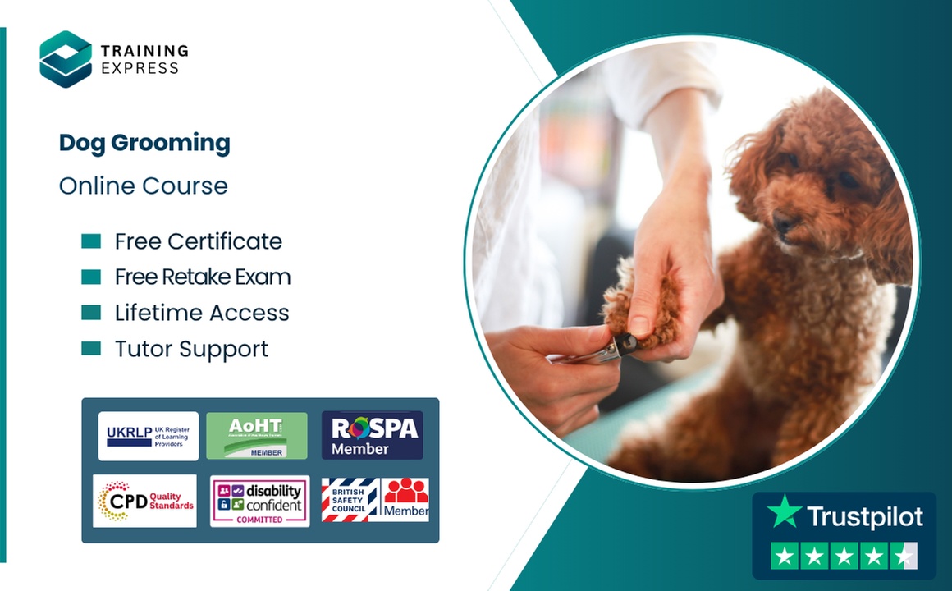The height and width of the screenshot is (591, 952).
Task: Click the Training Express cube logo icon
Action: point(66,59)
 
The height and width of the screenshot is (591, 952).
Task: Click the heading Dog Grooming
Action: point(144,144)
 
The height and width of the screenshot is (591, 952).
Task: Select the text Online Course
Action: point(144,186)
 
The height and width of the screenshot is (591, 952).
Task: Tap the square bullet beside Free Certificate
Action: point(91,241)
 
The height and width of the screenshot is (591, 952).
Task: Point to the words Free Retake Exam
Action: point(203,277)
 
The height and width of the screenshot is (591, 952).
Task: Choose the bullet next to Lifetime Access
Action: point(91,313)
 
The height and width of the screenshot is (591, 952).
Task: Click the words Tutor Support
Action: point(192,349)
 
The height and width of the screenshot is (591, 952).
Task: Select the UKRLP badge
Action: point(149,436)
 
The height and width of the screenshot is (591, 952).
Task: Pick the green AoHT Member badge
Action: point(257,436)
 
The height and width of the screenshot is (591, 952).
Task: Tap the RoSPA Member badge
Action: point(373,436)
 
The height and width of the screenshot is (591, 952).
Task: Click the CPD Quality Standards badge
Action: point(145,501)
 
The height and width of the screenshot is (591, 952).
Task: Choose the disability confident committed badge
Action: point(260,501)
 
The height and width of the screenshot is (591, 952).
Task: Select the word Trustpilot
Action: point(865,517)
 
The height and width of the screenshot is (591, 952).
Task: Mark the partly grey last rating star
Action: point(904,557)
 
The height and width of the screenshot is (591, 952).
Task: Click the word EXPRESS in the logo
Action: point(140,69)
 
